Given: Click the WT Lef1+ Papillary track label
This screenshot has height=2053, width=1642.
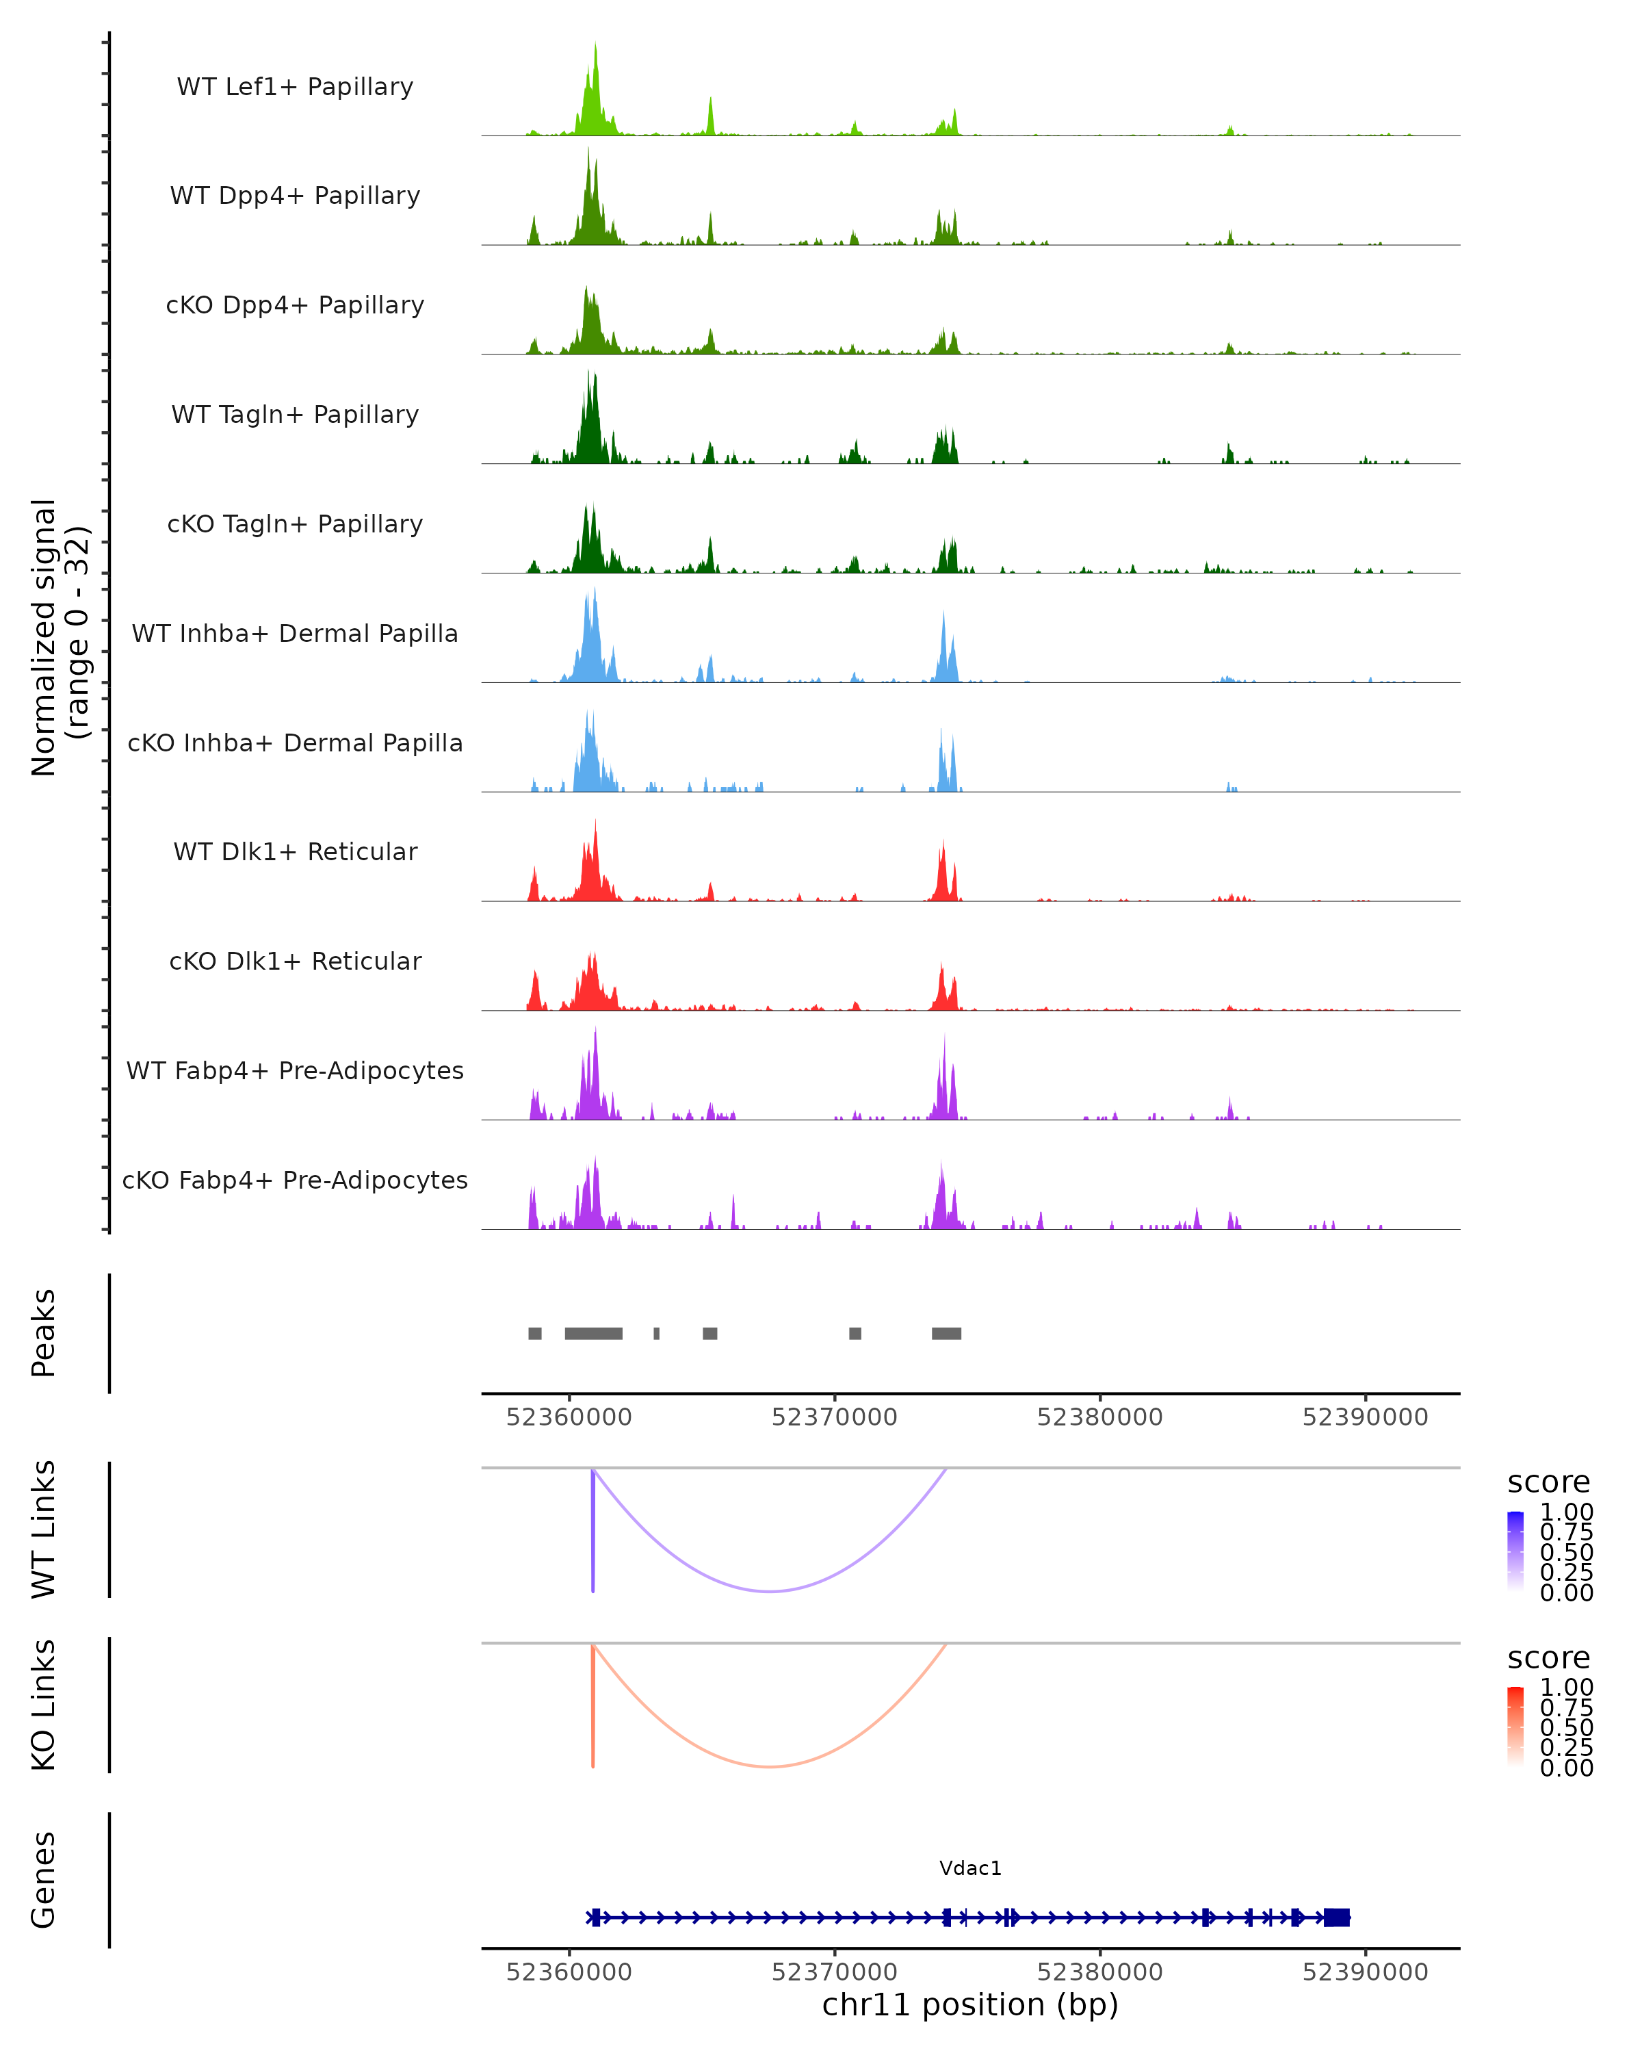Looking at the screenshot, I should [295, 87].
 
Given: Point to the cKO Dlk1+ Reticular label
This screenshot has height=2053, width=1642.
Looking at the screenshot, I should [295, 961].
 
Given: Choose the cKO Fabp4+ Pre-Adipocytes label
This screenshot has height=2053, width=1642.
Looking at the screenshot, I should [295, 1180].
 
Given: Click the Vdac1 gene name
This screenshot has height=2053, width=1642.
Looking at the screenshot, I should [970, 1868].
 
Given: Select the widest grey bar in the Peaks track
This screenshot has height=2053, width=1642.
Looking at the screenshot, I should [593, 1333].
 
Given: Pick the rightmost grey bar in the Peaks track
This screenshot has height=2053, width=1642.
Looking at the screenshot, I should [946, 1333].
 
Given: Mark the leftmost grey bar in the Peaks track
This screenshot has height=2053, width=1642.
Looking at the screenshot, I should [535, 1333].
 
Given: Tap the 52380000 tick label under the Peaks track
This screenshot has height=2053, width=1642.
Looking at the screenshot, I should [1099, 1417].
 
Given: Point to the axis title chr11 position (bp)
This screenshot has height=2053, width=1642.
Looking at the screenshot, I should [970, 2004].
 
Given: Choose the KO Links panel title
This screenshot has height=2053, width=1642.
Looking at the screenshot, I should [44, 1705].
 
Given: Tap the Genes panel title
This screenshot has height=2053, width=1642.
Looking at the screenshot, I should [44, 1880].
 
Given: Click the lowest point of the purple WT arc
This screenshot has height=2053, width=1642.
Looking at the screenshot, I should [770, 1591].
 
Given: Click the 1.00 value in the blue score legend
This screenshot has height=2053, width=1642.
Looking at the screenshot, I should [1567, 1512].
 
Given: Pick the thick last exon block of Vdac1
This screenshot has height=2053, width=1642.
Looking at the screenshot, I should [1336, 1918].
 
